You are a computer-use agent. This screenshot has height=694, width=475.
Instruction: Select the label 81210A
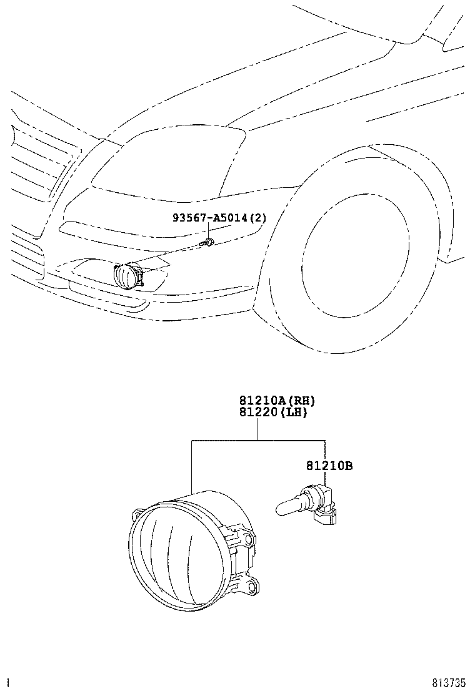coord(259,401)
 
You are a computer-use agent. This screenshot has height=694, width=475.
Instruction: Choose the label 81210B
coord(329,466)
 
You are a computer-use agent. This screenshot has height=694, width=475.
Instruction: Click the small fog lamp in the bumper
coord(127,275)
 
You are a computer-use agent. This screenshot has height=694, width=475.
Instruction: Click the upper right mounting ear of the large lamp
coord(250,539)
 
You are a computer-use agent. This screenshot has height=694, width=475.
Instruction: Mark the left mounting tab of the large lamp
coord(137,516)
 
